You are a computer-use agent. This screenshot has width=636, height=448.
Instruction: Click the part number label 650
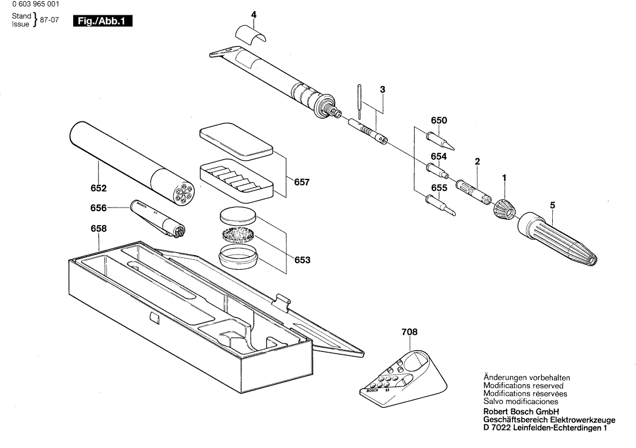tap(439, 121)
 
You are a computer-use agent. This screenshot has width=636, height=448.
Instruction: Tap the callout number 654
tap(439, 156)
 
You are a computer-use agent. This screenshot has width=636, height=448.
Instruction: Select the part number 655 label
tap(439, 188)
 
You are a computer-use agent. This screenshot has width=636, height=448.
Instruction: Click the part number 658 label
tap(98, 230)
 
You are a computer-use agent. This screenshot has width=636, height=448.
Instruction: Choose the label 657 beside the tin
tap(302, 182)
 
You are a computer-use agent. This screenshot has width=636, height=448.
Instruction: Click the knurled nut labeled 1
tap(504, 208)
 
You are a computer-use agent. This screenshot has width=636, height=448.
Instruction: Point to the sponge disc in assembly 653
tap(239, 236)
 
